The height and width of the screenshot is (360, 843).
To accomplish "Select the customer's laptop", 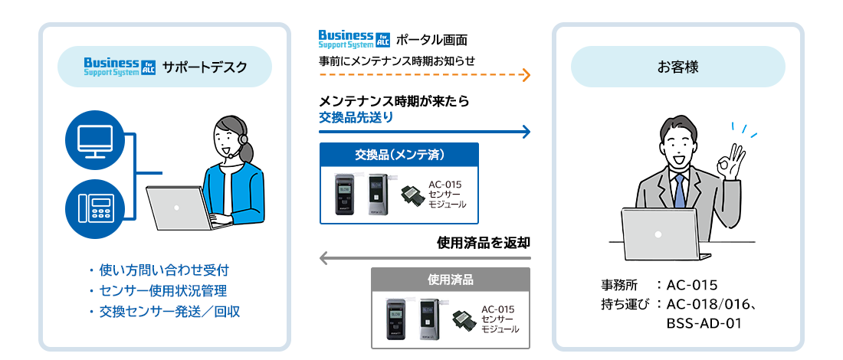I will [x=658, y=233].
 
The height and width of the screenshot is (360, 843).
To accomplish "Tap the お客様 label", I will [x=677, y=67].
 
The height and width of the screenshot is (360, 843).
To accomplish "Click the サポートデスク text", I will [x=205, y=67].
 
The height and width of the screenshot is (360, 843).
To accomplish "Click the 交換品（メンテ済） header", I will [x=399, y=155].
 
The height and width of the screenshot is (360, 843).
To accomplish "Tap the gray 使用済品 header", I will [x=451, y=280].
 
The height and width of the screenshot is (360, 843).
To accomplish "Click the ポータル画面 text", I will [x=431, y=40].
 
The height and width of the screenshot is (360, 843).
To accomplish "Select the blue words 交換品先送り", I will [x=356, y=117].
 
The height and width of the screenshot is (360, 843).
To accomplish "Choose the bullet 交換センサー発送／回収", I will [x=164, y=312].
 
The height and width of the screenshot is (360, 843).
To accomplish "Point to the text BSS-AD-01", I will [x=704, y=322].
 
